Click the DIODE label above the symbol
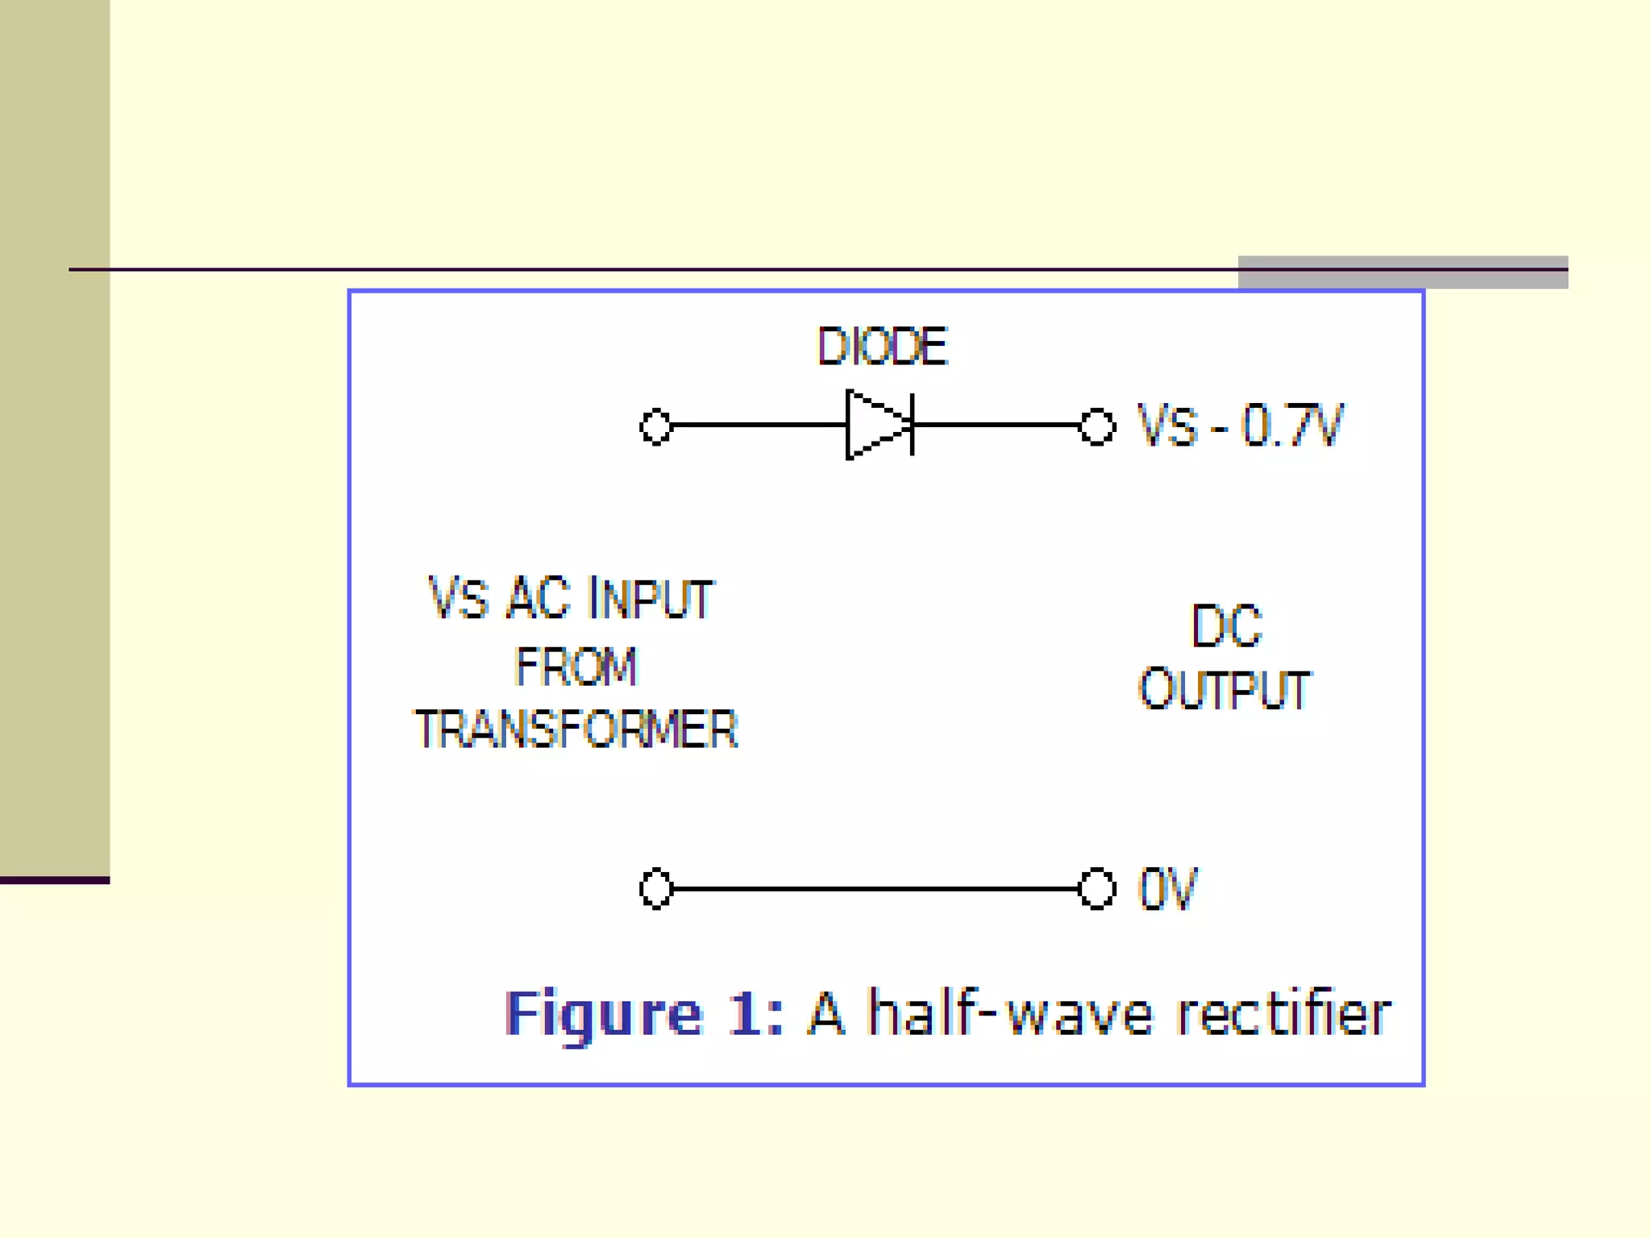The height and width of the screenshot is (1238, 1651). point(883,347)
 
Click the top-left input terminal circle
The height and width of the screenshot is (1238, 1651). point(655,426)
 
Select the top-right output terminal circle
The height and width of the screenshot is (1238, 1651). point(1096,426)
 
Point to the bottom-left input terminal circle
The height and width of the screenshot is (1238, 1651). point(655,888)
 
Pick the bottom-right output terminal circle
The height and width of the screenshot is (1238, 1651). point(1096,888)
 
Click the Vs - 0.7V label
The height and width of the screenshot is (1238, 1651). point(1240,425)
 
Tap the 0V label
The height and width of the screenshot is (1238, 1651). point(1167,888)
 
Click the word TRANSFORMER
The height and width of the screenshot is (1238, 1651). point(576,729)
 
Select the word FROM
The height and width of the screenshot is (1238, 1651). point(576,667)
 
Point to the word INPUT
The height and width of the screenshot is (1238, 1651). point(651,598)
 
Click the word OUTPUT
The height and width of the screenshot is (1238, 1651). point(1225,690)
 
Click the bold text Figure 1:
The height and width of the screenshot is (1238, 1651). point(643,1013)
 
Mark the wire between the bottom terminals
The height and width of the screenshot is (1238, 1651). point(875,888)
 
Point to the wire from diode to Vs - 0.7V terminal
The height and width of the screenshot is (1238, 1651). point(996,424)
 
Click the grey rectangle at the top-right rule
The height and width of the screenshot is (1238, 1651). point(1403,272)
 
